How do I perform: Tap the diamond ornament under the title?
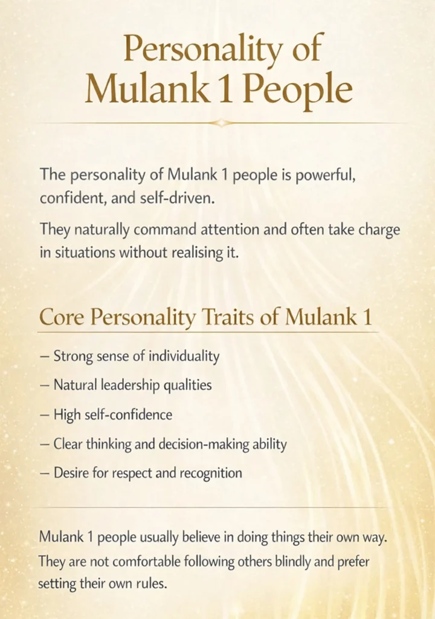[x=222, y=123]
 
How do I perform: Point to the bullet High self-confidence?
[x=112, y=415]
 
